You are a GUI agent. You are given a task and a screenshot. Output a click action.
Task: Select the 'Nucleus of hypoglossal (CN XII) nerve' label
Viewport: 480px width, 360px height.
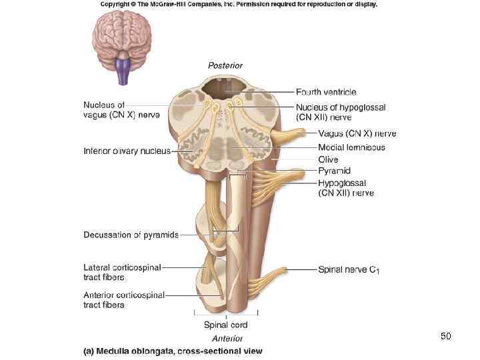coord(341,112)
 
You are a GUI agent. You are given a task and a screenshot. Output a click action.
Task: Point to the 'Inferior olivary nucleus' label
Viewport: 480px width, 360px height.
coord(127,151)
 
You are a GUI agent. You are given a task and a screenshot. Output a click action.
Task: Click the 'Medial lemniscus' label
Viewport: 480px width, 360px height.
coord(351,147)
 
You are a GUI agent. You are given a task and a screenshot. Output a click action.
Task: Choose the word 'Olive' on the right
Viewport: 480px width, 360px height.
coord(328,159)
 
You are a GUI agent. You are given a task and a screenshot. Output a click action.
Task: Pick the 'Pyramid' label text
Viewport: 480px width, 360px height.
coord(334,171)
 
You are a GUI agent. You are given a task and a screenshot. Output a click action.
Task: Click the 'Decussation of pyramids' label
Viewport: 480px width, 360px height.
coord(131,235)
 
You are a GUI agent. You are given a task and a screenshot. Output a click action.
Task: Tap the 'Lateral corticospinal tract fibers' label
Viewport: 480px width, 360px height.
coord(122,272)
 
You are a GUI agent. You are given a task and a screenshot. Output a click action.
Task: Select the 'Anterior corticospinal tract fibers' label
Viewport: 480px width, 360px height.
coord(124,299)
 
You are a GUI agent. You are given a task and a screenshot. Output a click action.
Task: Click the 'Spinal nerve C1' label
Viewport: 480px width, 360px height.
coord(349,270)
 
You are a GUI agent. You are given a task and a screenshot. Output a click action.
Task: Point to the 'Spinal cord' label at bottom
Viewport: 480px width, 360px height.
coord(225,325)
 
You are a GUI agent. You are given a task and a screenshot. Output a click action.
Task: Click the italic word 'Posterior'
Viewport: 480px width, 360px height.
coord(225,65)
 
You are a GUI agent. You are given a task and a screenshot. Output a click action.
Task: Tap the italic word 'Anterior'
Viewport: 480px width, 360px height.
coord(227,339)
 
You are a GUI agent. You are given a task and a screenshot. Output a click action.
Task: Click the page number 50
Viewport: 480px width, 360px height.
coord(445,337)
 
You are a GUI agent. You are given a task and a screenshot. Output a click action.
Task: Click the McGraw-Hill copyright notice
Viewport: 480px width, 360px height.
coord(239,4)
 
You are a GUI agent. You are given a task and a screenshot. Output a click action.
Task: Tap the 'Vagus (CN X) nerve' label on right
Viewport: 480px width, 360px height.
coord(348,134)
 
